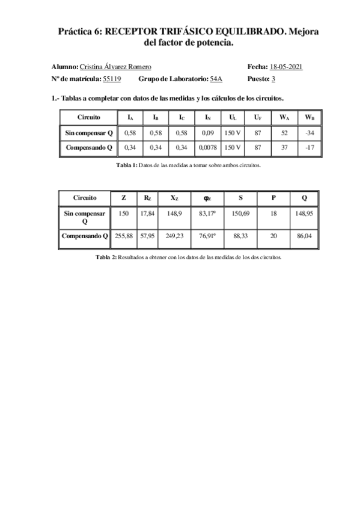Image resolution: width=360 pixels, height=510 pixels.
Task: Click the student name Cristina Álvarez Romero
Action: (115, 67)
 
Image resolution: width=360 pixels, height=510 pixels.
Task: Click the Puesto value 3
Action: (273, 79)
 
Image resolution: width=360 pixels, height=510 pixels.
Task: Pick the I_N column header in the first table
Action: (207, 117)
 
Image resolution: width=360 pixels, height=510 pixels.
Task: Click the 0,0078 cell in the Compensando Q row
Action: (207, 147)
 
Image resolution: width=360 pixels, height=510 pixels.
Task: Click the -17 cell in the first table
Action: (310, 147)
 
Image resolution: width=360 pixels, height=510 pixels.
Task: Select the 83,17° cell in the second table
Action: (207, 214)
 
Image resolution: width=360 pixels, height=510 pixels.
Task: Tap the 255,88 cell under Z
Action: (124, 236)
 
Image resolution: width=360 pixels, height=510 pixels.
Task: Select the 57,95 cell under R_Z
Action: (147, 236)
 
